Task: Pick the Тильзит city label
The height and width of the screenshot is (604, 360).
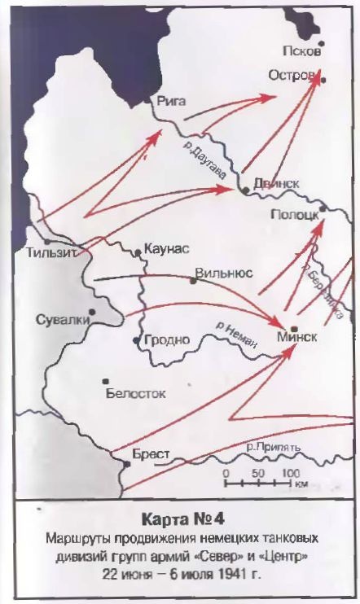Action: point(51,252)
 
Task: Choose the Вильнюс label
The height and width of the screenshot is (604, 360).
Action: point(225,274)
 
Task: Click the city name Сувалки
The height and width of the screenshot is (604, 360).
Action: point(63,319)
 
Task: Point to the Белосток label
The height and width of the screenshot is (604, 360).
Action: point(135,393)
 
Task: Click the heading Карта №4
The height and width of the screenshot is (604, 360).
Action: point(179,519)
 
